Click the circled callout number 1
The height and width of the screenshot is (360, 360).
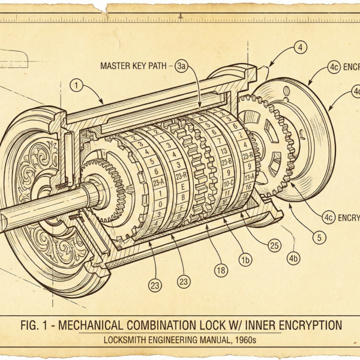[x=75, y=85]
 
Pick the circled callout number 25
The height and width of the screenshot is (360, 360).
[x=275, y=245]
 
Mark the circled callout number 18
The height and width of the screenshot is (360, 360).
[x=221, y=271]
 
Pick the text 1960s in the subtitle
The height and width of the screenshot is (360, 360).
[x=244, y=340]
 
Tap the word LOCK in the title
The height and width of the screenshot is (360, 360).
[x=212, y=325]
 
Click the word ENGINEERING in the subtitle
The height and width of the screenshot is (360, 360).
[x=170, y=340]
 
